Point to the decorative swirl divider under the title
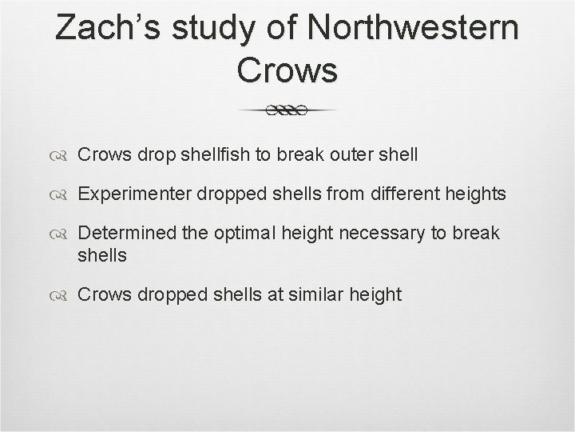pos(287,111)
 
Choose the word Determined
pos(131,233)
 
